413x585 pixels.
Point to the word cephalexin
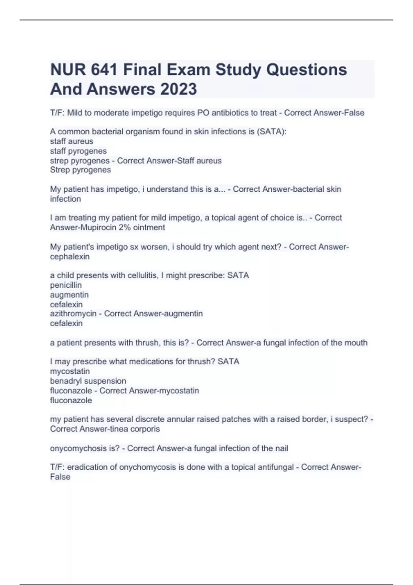[70, 257]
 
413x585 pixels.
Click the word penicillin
[66, 285]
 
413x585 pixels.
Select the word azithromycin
[73, 314]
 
